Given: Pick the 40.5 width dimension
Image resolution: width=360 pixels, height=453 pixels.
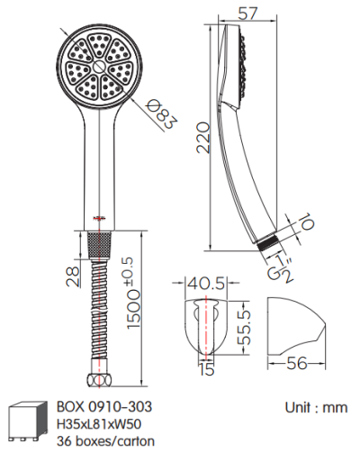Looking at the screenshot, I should click(x=205, y=284).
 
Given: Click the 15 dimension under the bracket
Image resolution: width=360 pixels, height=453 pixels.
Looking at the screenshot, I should click(x=206, y=368).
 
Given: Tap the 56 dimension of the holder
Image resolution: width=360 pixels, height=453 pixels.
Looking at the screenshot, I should click(x=298, y=364).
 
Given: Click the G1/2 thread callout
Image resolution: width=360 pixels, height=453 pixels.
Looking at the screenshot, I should click(x=281, y=267).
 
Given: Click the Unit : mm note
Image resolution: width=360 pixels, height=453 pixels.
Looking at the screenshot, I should click(x=316, y=407).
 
